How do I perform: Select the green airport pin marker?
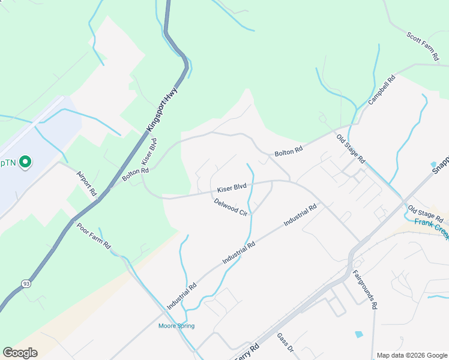(25, 162)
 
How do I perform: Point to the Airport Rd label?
(86, 184)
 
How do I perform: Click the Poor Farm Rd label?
(94, 236)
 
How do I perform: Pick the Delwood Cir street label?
(231, 206)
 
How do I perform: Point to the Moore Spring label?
(176, 326)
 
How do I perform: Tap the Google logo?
(20, 353)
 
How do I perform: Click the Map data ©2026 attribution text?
(411, 355)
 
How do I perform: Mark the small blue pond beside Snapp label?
(433, 164)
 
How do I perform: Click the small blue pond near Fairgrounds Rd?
(359, 334)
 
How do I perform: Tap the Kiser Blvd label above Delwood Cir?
(232, 187)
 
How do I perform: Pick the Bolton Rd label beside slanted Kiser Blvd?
(135, 173)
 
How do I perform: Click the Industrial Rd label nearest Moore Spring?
(182, 296)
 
